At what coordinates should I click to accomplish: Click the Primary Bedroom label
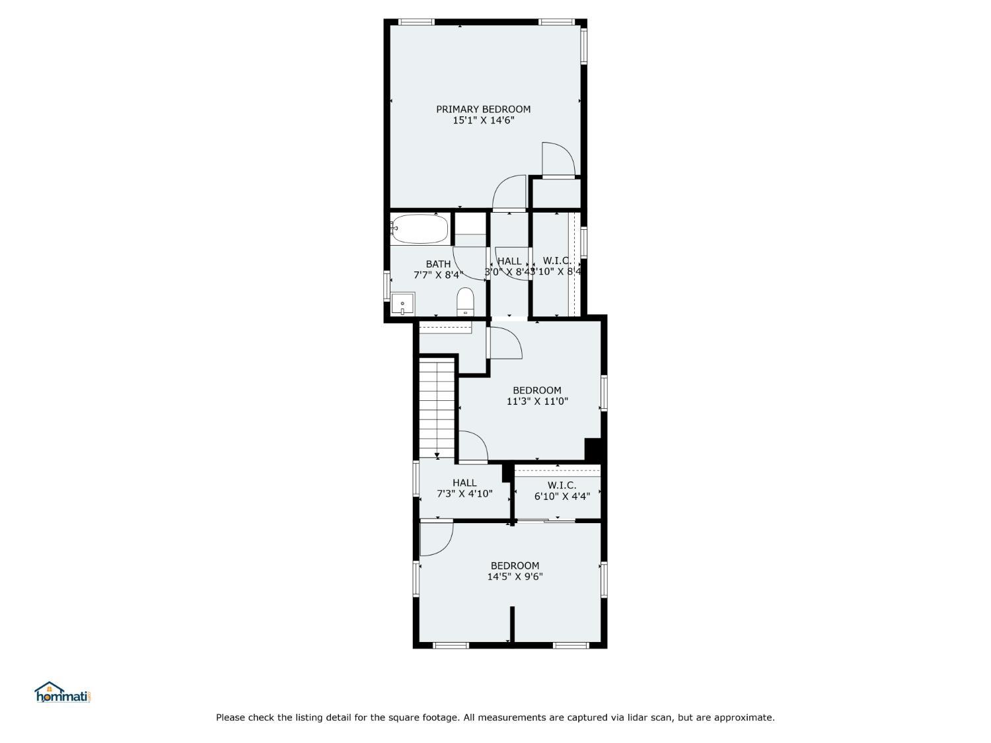point(483,109)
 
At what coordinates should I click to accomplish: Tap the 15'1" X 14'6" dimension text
point(483,120)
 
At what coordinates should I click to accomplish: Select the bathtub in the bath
point(419,229)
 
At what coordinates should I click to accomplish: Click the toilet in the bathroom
point(466,302)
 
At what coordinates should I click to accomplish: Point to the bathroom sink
point(402,304)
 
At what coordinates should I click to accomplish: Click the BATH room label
point(438,264)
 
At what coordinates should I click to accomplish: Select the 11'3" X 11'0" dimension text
point(537,401)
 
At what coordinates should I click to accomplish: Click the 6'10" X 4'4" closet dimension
point(562,497)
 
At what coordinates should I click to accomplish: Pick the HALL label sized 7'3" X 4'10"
point(464,483)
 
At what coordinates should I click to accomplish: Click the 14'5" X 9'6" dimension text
point(515,577)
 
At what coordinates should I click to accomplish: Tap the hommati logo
point(61,693)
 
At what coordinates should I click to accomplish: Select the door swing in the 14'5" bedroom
point(435,538)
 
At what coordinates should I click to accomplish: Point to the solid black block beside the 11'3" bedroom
point(593,450)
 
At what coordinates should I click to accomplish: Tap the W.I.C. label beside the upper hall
point(556,261)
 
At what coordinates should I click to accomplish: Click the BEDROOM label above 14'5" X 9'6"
point(515,565)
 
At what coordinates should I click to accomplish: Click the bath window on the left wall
point(387,286)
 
